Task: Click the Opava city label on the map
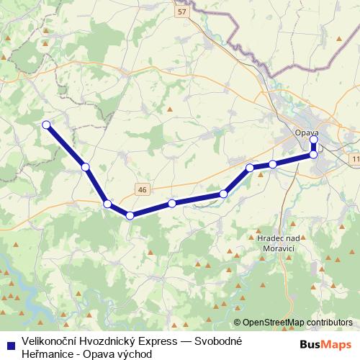[306, 132]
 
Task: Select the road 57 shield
[180, 12]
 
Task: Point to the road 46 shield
[142, 189]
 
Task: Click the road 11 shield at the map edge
[356, 158]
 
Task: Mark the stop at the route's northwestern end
[47, 125]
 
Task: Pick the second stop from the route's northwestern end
[86, 167]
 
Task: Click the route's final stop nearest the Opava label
[313, 140]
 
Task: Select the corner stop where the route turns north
[313, 154]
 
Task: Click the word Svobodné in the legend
[217, 341]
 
